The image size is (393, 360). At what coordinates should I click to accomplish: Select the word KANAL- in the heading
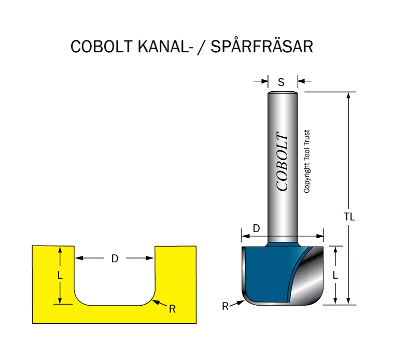pyautogui.click(x=163, y=47)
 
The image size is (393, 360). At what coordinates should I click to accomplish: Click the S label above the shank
pyautogui.click(x=281, y=82)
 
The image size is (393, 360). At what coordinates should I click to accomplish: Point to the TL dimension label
pyautogui.click(x=349, y=217)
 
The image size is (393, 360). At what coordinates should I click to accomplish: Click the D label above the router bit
pyautogui.click(x=256, y=228)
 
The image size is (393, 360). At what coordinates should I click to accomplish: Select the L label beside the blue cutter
pyautogui.click(x=335, y=276)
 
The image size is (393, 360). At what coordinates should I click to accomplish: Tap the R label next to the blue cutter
pyautogui.click(x=226, y=307)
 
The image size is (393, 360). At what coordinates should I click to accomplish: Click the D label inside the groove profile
pyautogui.click(x=115, y=258)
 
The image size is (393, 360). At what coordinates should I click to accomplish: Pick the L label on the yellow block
pyautogui.click(x=60, y=276)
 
